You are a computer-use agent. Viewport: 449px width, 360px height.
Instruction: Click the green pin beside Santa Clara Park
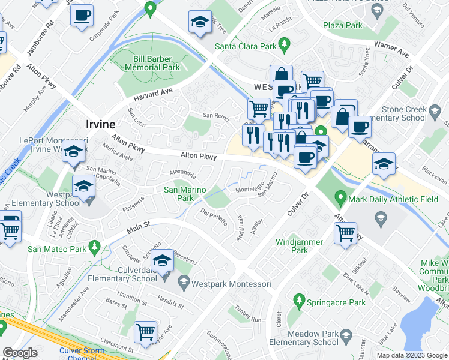click(286, 44)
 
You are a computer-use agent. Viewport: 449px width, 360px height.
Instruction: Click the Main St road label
click(137, 228)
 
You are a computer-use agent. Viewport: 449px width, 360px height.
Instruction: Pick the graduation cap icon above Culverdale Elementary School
click(161, 260)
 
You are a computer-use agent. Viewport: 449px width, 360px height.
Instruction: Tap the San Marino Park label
click(185, 194)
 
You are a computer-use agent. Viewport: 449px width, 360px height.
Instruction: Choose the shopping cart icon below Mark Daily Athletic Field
click(346, 232)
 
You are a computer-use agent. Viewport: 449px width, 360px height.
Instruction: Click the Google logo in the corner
click(20, 353)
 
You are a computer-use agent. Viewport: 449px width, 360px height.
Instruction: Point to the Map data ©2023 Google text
click(411, 355)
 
